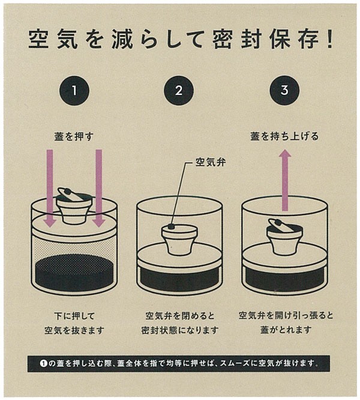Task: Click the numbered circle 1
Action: (74, 91)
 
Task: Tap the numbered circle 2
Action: (179, 91)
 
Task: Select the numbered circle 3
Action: (284, 91)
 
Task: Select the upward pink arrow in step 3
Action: (285, 180)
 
